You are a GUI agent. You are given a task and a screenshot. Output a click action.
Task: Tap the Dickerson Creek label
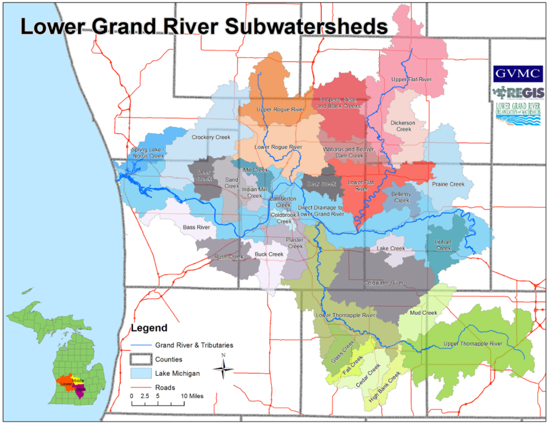(404, 126)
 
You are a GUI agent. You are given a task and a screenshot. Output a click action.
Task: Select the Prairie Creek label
(448, 185)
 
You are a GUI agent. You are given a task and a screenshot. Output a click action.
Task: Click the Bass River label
(196, 227)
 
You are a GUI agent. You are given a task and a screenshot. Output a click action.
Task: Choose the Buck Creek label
(269, 254)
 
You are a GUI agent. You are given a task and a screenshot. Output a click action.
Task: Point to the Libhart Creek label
(444, 245)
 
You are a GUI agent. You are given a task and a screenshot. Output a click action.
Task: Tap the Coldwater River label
(384, 283)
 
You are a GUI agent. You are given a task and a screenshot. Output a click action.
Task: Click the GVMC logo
(517, 74)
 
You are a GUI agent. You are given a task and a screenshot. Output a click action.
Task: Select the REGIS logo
(517, 93)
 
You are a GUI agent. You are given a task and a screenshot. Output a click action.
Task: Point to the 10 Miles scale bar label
(192, 395)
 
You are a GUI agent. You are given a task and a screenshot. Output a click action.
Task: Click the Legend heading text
(149, 328)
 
